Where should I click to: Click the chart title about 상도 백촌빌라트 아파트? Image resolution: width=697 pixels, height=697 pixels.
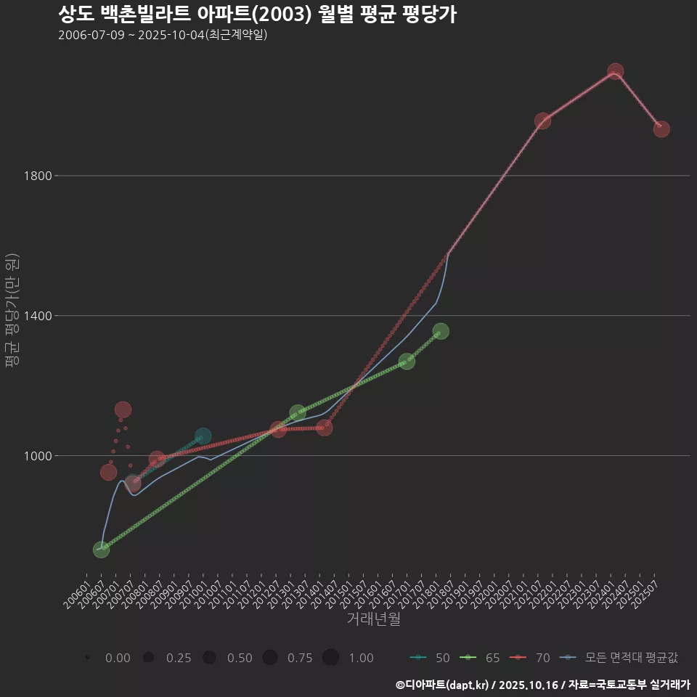(257, 15)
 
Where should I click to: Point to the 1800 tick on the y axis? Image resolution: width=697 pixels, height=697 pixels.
(37, 176)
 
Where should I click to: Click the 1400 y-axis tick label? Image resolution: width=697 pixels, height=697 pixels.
(37, 316)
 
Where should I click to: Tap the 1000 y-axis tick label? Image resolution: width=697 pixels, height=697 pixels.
(37, 456)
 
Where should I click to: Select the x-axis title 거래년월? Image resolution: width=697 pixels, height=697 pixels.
(373, 619)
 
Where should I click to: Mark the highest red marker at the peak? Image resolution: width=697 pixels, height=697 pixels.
(615, 71)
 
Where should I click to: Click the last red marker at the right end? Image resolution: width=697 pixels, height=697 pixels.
(661, 129)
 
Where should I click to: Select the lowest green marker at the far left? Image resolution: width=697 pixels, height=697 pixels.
(101, 550)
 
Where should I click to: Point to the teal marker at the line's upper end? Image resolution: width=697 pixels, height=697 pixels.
(203, 436)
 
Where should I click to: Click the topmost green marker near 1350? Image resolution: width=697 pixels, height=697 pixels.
(441, 331)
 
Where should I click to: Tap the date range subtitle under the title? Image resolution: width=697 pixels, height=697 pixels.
(163, 35)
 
